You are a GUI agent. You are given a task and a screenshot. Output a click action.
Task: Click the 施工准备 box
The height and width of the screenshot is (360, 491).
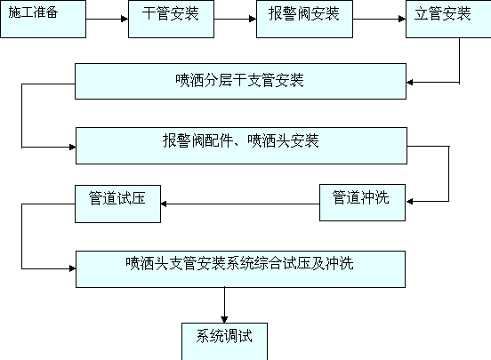[x=44, y=19]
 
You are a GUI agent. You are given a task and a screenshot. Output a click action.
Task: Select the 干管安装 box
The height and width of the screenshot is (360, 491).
[x=172, y=19]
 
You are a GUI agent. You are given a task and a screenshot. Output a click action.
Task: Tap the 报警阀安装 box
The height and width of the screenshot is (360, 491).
[x=305, y=19]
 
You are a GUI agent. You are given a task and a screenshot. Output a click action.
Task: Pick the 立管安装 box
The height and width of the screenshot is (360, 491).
[x=448, y=19]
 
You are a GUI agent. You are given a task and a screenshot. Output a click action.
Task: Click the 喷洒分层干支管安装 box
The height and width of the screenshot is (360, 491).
[x=240, y=82]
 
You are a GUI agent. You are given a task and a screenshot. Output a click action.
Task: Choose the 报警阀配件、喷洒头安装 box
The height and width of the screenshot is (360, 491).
[x=241, y=146]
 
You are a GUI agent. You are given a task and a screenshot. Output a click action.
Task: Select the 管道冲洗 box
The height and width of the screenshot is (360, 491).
[x=362, y=203]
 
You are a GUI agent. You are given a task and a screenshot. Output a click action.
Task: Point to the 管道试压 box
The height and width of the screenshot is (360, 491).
[x=117, y=204]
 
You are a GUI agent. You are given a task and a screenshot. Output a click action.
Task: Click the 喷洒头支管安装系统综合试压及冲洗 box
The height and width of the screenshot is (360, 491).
[x=240, y=269]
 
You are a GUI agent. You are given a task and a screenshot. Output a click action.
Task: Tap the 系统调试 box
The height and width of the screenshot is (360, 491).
[x=224, y=341]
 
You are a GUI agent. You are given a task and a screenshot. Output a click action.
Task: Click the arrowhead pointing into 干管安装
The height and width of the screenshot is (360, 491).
[x=125, y=19]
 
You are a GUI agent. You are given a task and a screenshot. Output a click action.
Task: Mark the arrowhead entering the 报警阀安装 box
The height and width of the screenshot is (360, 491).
[x=253, y=19]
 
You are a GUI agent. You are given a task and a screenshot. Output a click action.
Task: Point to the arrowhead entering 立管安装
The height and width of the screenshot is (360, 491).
[x=402, y=19]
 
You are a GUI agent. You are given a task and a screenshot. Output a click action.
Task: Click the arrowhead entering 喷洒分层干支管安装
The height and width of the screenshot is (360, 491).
[x=410, y=83]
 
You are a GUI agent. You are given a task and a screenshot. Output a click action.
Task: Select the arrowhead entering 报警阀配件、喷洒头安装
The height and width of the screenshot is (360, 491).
[x=72, y=147]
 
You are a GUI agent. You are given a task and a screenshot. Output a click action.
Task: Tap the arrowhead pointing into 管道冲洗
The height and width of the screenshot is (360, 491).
[x=409, y=201]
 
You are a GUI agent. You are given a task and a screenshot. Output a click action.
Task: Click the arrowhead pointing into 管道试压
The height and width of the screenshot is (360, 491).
[x=164, y=204]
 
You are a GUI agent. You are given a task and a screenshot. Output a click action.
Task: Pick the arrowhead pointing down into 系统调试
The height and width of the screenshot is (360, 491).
[x=224, y=320]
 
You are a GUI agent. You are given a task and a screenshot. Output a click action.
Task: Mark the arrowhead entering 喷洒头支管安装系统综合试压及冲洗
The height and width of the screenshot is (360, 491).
[x=72, y=268]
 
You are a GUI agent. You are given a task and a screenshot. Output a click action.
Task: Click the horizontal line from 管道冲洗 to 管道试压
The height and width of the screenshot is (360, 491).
[x=240, y=204]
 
